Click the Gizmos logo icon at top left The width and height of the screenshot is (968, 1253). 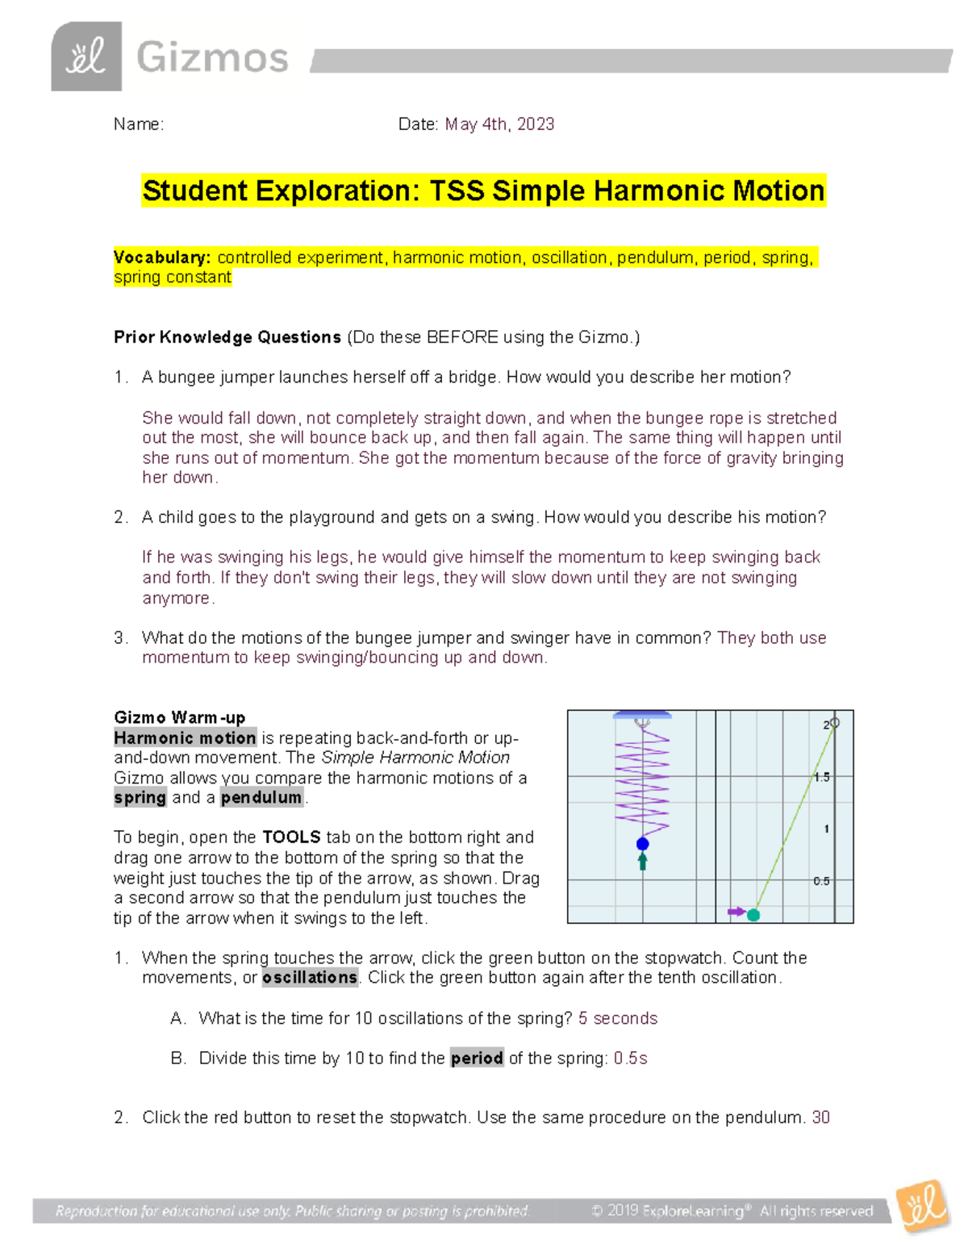coord(86,56)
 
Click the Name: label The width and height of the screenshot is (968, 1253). coord(138,124)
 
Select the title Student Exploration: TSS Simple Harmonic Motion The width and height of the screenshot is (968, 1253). coord(483,191)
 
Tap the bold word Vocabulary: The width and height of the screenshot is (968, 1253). coord(162,257)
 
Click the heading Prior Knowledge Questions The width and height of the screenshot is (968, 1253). coord(227,337)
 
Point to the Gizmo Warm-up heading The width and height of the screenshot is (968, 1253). coord(179,717)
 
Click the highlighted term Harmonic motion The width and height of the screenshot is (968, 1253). coord(185,737)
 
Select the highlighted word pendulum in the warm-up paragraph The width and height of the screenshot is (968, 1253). coord(261,797)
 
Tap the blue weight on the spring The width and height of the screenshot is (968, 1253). coord(642,844)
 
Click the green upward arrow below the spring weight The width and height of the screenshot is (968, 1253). coord(642,862)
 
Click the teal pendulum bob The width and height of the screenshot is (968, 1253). coord(753,915)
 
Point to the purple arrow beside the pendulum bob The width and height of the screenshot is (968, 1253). coord(736,912)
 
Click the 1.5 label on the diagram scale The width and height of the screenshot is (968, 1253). coord(821,777)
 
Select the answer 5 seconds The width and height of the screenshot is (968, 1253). coord(617,1018)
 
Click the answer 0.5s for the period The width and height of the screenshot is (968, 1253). coord(630,1058)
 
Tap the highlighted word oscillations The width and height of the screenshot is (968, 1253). coord(310,978)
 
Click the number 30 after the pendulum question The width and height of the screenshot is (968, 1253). coord(820,1117)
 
